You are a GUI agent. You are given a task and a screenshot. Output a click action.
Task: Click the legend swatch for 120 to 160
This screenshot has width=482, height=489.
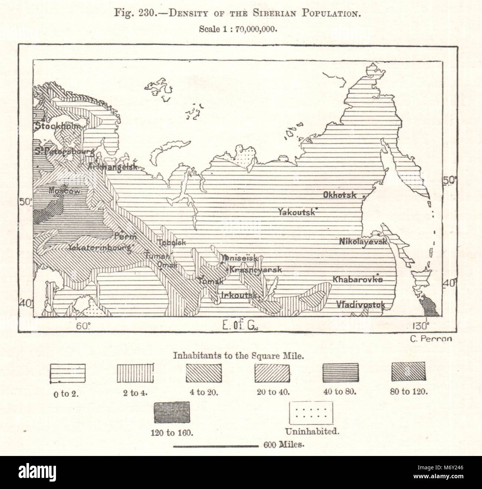171,413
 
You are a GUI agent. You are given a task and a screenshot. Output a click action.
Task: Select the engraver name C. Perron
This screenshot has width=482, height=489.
430,338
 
